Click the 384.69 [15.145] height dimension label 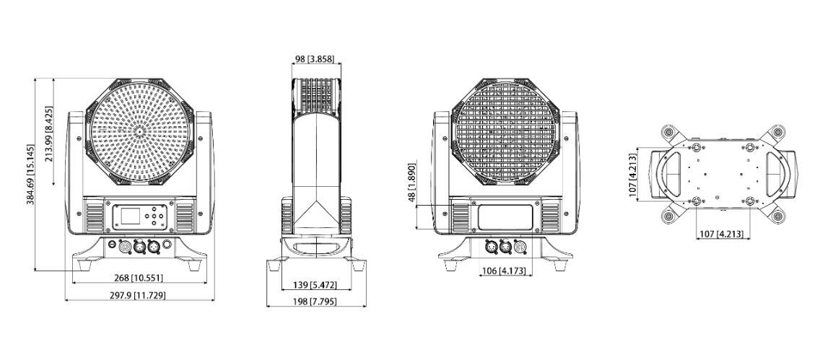31,175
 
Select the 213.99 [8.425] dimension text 48,134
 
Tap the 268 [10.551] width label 139,278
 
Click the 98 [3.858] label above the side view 316,58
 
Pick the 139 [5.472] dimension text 316,285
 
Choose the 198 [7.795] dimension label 316,302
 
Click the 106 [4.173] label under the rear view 505,271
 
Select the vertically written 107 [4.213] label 632,175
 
